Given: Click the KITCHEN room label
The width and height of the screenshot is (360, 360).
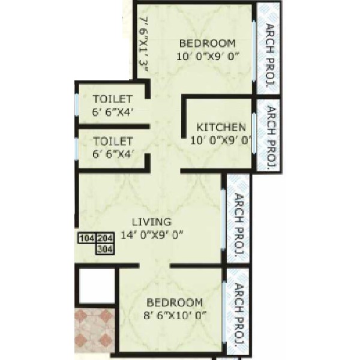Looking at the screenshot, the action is [221, 127].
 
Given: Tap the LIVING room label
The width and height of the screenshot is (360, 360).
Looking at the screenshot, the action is [152, 222].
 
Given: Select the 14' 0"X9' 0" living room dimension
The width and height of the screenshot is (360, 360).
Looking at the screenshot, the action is [152, 235].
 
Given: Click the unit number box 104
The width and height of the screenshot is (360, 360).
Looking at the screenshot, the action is [87, 238].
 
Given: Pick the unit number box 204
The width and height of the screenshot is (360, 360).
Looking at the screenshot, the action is [105, 238].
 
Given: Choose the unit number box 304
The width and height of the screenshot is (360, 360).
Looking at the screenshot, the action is [105, 249].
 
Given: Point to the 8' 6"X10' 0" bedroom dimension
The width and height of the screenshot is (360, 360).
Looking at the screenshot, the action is [175, 315].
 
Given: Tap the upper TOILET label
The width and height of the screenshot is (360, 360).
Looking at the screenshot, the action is [113, 99].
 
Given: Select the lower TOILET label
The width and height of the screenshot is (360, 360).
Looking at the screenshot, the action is [113, 141].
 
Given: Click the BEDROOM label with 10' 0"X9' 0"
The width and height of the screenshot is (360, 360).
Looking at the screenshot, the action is [208, 43].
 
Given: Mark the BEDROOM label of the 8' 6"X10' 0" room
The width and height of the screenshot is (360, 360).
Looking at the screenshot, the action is [175, 302].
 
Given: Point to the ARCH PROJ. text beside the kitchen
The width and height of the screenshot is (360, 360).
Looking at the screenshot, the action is [271, 136].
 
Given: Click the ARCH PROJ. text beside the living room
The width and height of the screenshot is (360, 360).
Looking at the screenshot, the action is [239, 224].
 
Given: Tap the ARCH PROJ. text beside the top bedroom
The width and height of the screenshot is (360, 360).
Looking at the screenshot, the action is [270, 55].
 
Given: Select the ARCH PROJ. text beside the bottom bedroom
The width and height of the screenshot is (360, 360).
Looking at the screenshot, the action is [239, 315].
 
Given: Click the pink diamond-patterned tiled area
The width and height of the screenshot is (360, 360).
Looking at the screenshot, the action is [95, 330].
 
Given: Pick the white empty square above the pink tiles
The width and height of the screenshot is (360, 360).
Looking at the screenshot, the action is [97, 286].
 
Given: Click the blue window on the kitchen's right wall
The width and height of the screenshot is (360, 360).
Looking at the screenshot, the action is [254, 133].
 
